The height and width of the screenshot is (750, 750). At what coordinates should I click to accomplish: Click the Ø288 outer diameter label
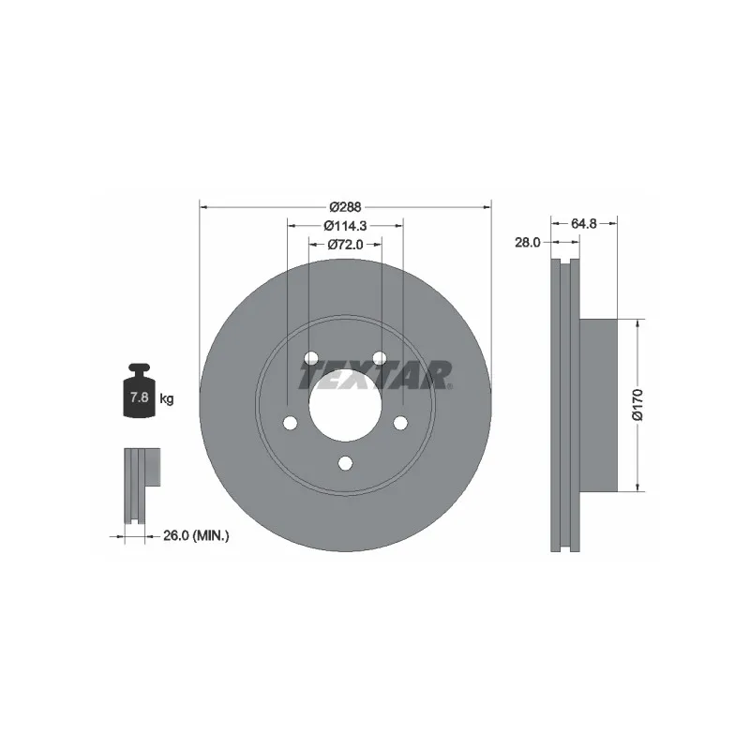click(345, 207)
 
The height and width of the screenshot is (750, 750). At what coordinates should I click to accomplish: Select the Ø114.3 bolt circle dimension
click(345, 225)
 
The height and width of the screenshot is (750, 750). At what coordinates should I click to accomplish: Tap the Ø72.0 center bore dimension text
click(345, 245)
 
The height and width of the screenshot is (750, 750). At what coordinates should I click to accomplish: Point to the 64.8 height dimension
click(583, 223)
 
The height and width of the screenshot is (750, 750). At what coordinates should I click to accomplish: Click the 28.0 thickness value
click(527, 243)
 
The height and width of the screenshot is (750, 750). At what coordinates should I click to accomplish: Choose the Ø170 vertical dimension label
click(637, 405)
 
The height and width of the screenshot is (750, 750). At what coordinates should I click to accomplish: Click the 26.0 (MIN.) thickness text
click(196, 535)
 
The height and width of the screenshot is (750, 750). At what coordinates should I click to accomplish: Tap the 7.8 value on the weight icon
click(139, 397)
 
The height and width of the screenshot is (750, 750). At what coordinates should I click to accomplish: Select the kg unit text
click(167, 397)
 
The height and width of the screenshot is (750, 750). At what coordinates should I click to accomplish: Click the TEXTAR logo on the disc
click(375, 375)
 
